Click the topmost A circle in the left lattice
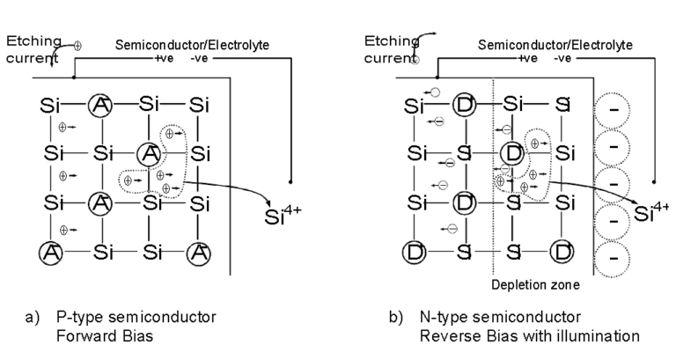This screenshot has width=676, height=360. (102, 106)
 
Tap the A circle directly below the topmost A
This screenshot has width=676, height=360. (102, 203)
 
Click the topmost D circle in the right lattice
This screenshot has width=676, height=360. (464, 106)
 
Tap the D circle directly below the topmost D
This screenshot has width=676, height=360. (464, 203)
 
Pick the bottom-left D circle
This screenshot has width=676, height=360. (414, 253)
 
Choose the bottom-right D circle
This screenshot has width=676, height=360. (562, 253)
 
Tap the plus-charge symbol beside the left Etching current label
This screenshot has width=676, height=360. (77, 45)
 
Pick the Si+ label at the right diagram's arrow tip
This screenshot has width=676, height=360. (650, 213)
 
